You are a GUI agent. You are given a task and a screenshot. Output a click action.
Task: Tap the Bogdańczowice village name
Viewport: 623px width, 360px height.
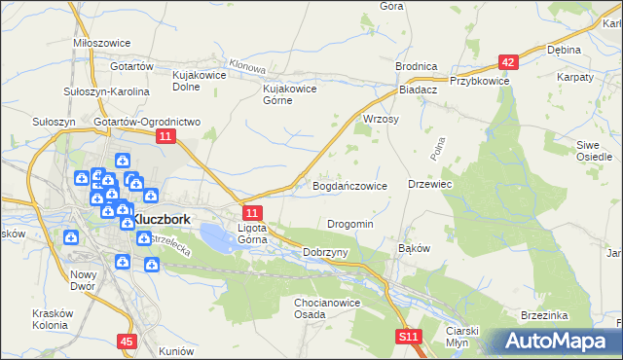tap(349, 185)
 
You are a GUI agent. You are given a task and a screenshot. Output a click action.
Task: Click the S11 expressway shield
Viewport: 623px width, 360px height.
tap(409, 337)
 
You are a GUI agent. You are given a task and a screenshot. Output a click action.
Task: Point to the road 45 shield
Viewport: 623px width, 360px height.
tap(126, 342)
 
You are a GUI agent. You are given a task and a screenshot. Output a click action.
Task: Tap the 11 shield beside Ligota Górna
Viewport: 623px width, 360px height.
tap(251, 213)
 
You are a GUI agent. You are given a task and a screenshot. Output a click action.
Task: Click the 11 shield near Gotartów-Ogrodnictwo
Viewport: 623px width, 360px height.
tap(165, 138)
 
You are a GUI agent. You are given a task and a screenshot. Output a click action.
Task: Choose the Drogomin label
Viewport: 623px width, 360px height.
tap(350, 224)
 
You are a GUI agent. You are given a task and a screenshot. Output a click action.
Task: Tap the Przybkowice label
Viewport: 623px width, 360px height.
tap(479, 82)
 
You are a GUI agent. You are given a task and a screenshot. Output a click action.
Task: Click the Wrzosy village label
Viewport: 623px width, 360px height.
tap(381, 118)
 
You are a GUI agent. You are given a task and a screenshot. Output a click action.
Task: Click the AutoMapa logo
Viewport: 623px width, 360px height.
tap(556, 341)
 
